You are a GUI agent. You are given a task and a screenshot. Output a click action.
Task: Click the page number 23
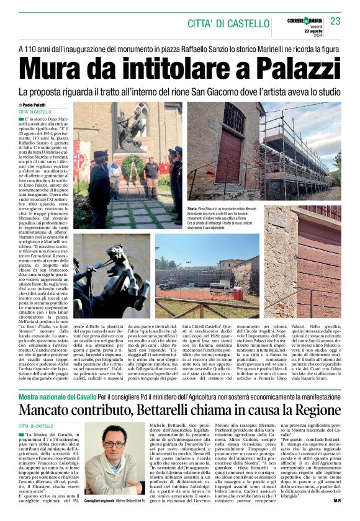click(x=335, y=21)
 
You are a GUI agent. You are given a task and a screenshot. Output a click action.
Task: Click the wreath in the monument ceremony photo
click(x=132, y=166)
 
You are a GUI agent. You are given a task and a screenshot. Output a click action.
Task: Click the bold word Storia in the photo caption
click(x=192, y=210)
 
